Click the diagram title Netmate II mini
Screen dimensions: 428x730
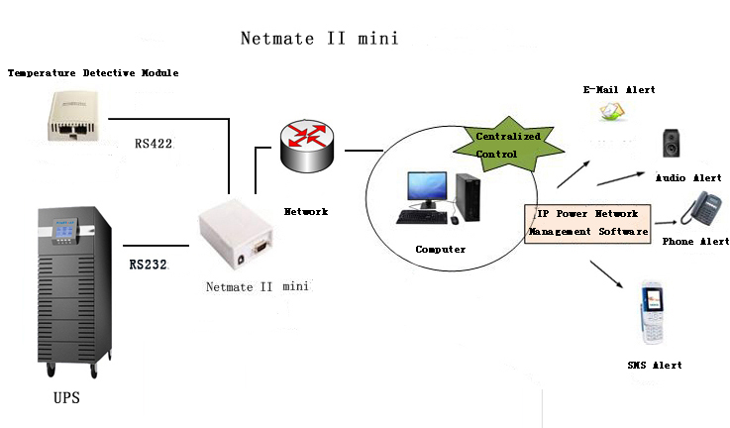[x=319, y=39]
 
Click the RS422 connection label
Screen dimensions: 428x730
[x=154, y=144]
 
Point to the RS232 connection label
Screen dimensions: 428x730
[x=149, y=266]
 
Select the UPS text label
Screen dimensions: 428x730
[x=66, y=399]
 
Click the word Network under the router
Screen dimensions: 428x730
[x=306, y=211]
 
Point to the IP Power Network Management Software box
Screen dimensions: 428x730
[x=586, y=223]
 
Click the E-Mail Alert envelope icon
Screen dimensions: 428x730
[x=612, y=113]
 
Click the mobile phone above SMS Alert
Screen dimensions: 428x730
[x=653, y=312]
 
